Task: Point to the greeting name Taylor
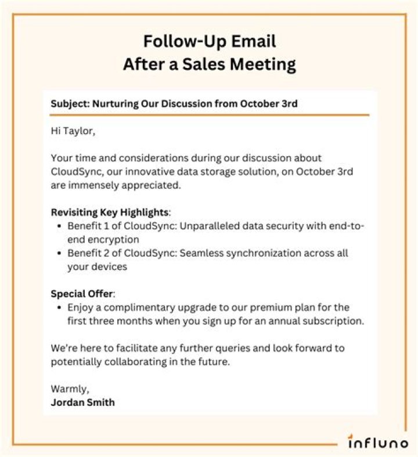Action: point(80,132)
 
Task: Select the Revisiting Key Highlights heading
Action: point(110,212)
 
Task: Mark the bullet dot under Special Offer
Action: point(60,307)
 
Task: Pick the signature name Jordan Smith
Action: point(82,402)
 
